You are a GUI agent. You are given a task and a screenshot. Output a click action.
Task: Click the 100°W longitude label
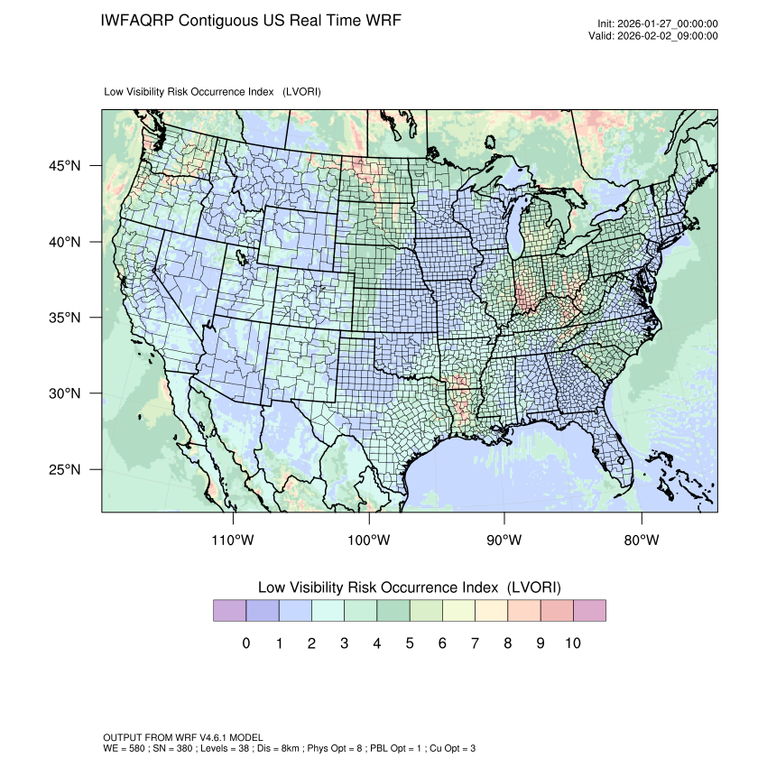click(x=369, y=541)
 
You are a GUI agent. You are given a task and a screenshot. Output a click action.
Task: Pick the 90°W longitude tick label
click(x=504, y=541)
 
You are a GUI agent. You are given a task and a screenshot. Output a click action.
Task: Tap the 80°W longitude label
click(x=641, y=541)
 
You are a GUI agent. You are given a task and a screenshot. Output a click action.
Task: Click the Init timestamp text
click(x=658, y=23)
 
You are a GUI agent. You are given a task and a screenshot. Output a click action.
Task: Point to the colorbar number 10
click(x=573, y=643)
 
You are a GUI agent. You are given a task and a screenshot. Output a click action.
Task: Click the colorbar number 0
click(x=245, y=643)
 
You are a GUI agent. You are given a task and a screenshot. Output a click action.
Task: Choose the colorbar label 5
click(x=409, y=643)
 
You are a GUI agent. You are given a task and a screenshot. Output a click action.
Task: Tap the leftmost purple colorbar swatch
click(x=229, y=611)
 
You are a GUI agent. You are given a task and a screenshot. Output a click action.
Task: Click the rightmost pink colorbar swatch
click(x=589, y=611)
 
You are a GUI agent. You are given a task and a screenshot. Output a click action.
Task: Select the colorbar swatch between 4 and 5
click(x=393, y=611)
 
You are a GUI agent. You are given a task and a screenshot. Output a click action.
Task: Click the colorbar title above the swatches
click(x=409, y=587)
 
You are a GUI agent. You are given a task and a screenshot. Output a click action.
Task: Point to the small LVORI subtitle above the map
click(x=213, y=92)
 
